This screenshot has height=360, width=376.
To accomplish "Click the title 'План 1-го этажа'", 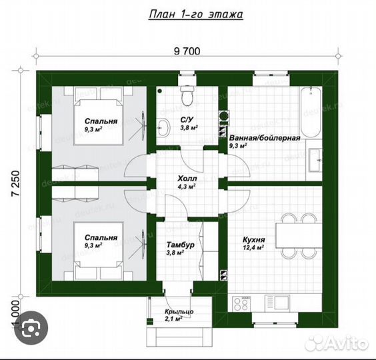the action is pos(196,14).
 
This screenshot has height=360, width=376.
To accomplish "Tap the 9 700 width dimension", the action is pos(187,51).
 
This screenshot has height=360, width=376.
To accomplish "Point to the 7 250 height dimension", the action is pos(15,184).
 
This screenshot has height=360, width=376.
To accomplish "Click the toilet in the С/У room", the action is pos(187,96).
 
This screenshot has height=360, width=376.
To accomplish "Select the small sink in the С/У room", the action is pos(163,127).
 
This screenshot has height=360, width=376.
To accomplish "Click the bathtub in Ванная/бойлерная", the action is pos(311,112).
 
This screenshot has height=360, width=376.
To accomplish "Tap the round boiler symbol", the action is pos(224,116).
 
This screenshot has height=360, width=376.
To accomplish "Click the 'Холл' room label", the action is pos(187,179).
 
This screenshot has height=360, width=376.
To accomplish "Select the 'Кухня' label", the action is pos(254,239).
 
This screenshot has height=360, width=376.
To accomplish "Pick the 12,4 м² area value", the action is pos(253,247).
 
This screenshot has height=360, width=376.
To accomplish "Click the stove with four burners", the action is pos(241,304).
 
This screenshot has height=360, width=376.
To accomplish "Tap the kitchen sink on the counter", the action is pos(277,303).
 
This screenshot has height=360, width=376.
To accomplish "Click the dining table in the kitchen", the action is pos(298,235).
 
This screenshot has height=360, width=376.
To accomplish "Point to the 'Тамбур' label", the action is pos(181,245).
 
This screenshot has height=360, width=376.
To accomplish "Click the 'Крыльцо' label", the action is pos(179,312).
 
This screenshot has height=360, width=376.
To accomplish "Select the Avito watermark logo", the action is pos(336,343).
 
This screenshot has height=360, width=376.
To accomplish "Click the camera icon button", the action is pos(31,327).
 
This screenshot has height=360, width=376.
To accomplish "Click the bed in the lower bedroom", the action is pos(99,251).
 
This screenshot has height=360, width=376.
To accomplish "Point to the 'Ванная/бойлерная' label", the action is pos(265,138).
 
